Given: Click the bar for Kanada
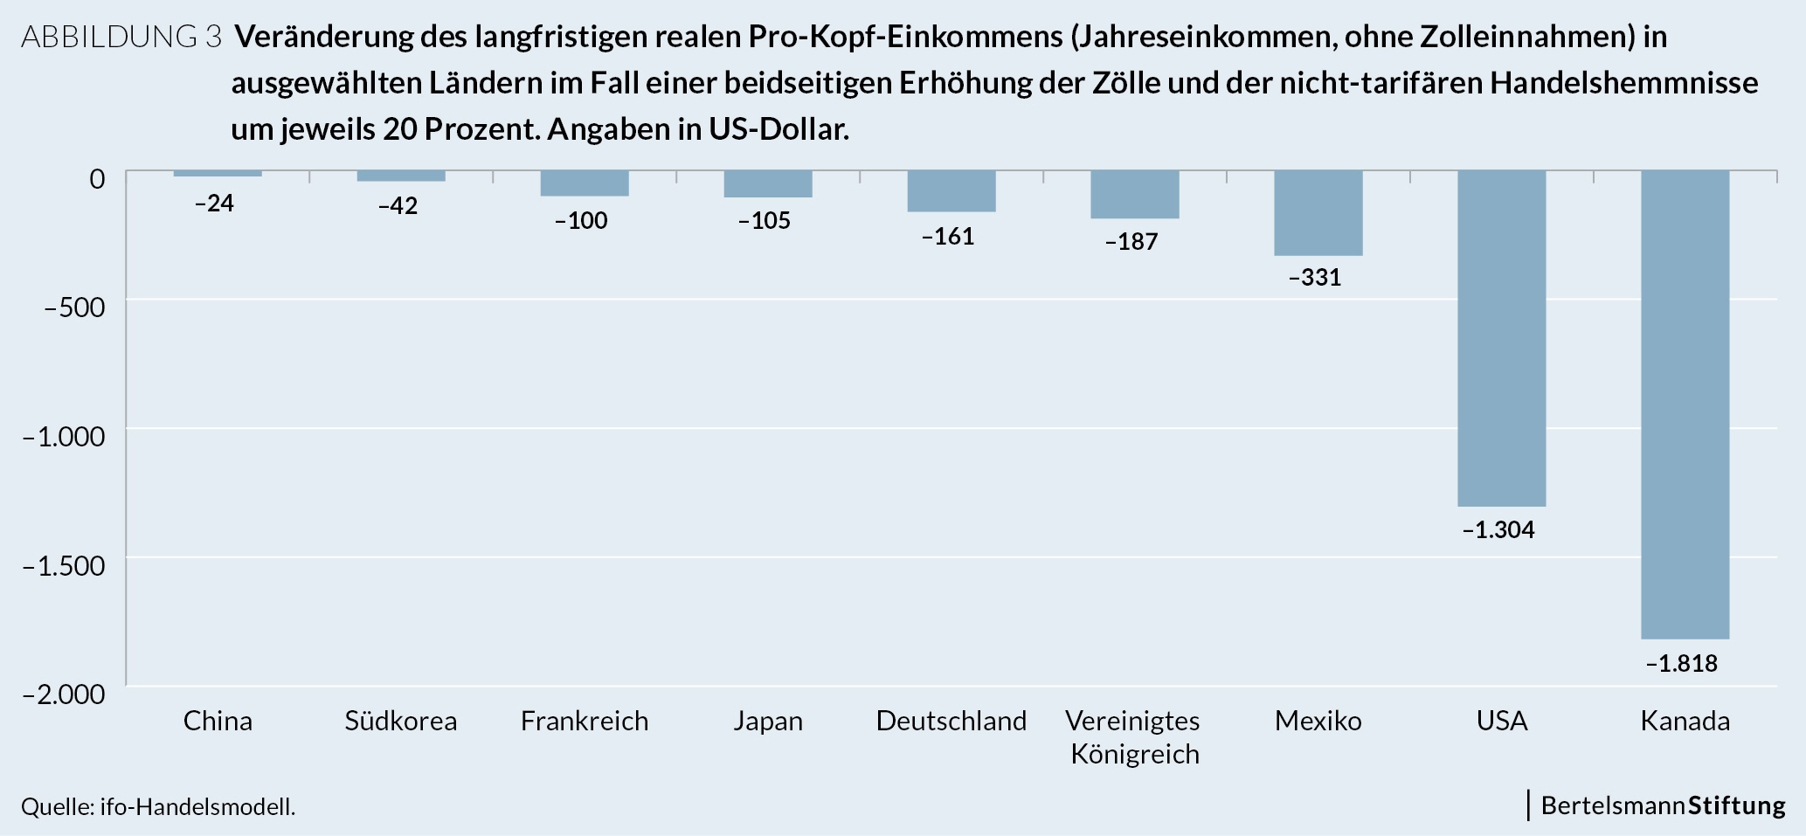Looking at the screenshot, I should pyautogui.click(x=1685, y=404).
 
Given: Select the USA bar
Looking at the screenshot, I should pyautogui.click(x=1501, y=338).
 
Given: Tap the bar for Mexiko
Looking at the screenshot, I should pyautogui.click(x=1318, y=213).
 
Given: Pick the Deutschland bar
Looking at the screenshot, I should pyautogui.click(x=951, y=191).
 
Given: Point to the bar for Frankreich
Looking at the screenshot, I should pyautogui.click(x=584, y=183).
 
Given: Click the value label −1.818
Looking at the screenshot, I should pyautogui.click(x=1681, y=664).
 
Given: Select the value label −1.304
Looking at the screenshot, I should pyautogui.click(x=1498, y=530).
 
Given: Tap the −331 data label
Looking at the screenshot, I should pyautogui.click(x=1314, y=278).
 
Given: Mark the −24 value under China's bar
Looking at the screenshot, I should pyautogui.click(x=214, y=204).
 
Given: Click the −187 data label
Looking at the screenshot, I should pyautogui.click(x=1131, y=242).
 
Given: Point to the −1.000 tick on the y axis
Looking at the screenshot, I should pyautogui.click(x=64, y=436).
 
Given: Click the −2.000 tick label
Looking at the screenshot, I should pyautogui.click(x=64, y=694).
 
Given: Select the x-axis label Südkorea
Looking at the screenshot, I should pyautogui.click(x=400, y=722).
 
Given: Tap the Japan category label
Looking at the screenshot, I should pyautogui.click(x=767, y=722).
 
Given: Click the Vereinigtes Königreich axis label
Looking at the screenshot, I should pyautogui.click(x=1134, y=737).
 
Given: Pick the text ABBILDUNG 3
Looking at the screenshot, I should pyautogui.click(x=121, y=37).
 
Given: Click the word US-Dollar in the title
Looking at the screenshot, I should pyautogui.click(x=778, y=129).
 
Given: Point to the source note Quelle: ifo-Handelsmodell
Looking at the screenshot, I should pyautogui.click(x=158, y=807).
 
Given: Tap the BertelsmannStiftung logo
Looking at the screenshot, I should pyautogui.click(x=1662, y=805).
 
